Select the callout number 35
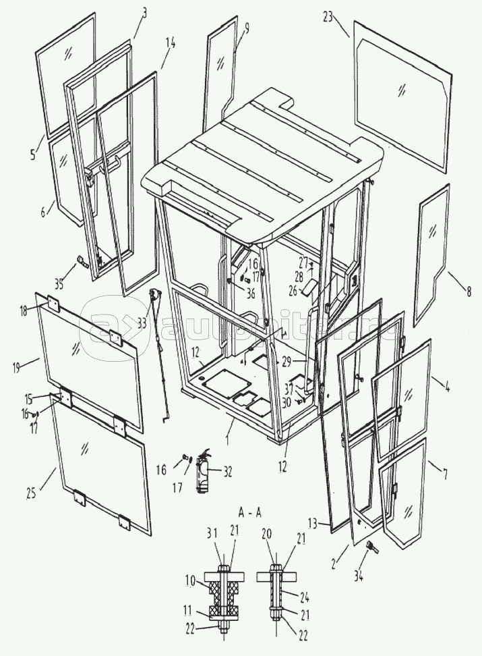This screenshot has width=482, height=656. [x=59, y=284]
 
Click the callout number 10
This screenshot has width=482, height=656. [x=191, y=578]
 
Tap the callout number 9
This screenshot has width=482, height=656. [x=246, y=28]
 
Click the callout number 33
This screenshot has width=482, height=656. [x=142, y=323]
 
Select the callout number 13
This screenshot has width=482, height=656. [x=330, y=521]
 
